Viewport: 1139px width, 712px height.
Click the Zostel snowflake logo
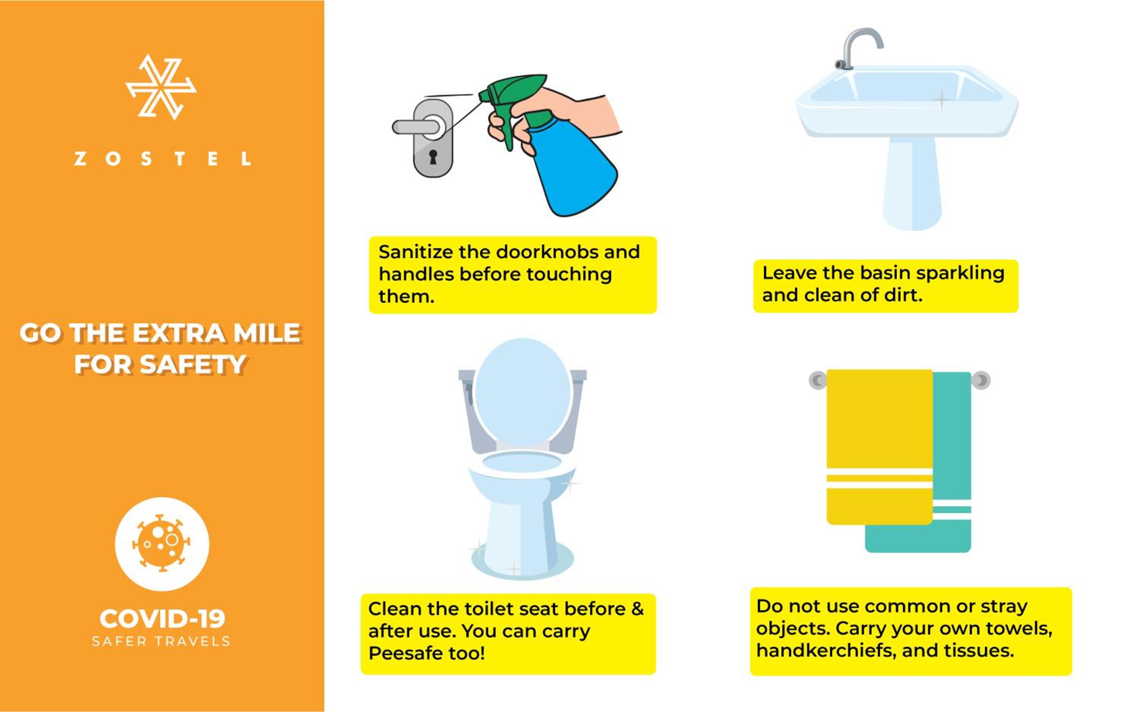tap(161, 87)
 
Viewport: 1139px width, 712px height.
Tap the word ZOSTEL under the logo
tap(162, 159)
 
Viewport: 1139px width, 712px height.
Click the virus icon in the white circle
tap(162, 543)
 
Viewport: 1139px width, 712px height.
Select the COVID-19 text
tap(162, 618)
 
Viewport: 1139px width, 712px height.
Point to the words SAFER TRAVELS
tap(161, 641)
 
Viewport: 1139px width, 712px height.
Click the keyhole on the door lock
tap(433, 156)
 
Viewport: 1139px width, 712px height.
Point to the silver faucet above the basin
tap(858, 47)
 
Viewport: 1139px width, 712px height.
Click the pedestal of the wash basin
tap(912, 184)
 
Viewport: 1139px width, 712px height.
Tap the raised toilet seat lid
tap(522, 393)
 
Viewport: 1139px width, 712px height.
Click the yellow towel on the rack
tap(879, 447)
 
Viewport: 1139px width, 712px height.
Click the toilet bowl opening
tap(522, 462)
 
